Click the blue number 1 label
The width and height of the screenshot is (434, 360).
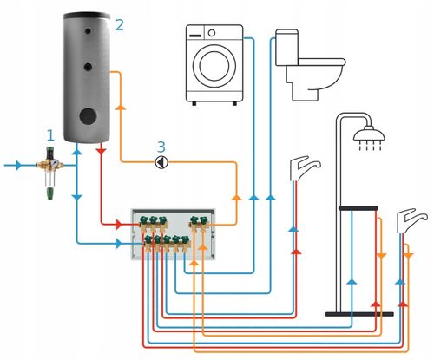tap(50, 135)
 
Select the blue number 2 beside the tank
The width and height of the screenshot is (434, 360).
tap(120, 25)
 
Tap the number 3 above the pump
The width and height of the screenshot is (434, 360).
tap(161, 147)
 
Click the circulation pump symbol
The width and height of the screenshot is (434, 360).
tap(161, 162)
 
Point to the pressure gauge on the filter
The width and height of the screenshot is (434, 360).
tap(54, 163)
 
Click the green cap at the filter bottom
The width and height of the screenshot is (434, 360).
tap(50, 193)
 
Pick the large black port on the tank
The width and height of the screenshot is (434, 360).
tap(88, 116)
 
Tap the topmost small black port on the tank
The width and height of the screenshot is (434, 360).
tap(88, 31)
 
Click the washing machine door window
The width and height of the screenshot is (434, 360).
tap(214, 66)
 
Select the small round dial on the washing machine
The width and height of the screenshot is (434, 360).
tap(212, 33)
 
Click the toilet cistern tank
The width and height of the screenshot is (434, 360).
tap(286, 47)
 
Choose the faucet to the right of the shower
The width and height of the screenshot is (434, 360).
tap(411, 221)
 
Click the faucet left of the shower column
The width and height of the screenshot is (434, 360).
tap(305, 168)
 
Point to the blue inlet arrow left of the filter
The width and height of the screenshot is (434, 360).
tap(18, 166)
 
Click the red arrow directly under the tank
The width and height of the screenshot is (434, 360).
tap(101, 151)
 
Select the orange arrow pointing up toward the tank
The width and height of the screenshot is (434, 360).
tap(121, 107)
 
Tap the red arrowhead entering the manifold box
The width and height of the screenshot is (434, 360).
tap(119, 224)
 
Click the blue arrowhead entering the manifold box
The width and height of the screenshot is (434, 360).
tap(119, 244)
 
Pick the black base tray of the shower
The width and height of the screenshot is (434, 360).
tap(359, 314)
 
